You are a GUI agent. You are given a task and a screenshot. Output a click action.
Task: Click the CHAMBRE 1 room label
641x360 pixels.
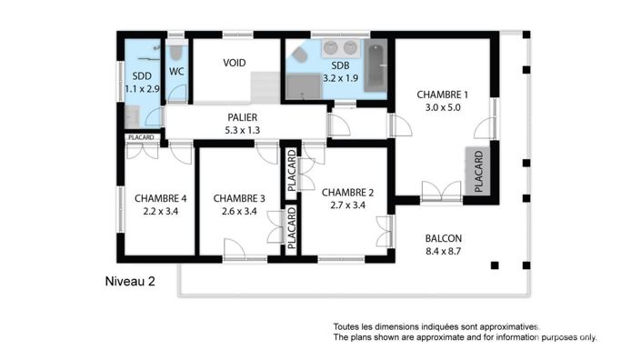(x=442, y=95)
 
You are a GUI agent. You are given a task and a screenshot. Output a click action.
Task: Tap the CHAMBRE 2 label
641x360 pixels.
(x=348, y=192)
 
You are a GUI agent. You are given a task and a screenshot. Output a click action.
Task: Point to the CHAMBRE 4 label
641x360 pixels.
(x=161, y=198)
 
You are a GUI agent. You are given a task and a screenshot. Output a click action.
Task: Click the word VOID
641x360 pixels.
(x=235, y=64)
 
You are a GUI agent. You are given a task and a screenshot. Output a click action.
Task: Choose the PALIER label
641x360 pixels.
(x=242, y=117)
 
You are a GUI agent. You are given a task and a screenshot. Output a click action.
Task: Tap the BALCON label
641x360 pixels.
(x=444, y=239)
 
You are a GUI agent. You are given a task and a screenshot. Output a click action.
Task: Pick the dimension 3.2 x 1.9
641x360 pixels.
(x=341, y=77)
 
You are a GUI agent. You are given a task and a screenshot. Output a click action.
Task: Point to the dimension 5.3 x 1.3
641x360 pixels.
(x=242, y=130)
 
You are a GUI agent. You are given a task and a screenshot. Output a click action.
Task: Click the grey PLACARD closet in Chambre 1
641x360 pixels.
(x=478, y=170)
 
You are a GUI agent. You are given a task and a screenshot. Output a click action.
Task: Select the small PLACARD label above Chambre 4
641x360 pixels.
(x=141, y=137)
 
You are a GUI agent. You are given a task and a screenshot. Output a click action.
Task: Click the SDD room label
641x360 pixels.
(x=141, y=76)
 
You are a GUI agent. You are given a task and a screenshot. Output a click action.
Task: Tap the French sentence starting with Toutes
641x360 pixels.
(x=436, y=326)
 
